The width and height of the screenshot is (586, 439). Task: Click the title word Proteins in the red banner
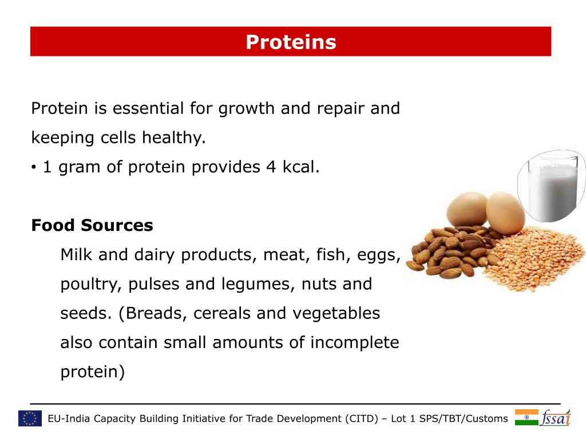[x=291, y=42]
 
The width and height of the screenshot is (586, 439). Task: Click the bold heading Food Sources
[x=92, y=225]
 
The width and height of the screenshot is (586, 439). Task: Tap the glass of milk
[x=552, y=186]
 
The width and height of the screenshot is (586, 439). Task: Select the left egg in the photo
[x=467, y=210]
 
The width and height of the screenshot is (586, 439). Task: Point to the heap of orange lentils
[x=534, y=258]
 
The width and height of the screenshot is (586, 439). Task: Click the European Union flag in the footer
[x=30, y=418]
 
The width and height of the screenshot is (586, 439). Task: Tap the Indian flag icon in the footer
[x=526, y=417]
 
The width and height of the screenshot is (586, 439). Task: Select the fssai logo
[x=556, y=418]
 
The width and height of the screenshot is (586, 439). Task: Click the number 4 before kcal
[x=271, y=167]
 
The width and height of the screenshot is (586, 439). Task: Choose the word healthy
[x=174, y=138]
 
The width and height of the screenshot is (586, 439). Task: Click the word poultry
[x=91, y=285]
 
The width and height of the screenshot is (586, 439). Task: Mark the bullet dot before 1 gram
[x=34, y=167]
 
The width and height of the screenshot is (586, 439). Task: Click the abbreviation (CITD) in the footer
[x=362, y=418]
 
